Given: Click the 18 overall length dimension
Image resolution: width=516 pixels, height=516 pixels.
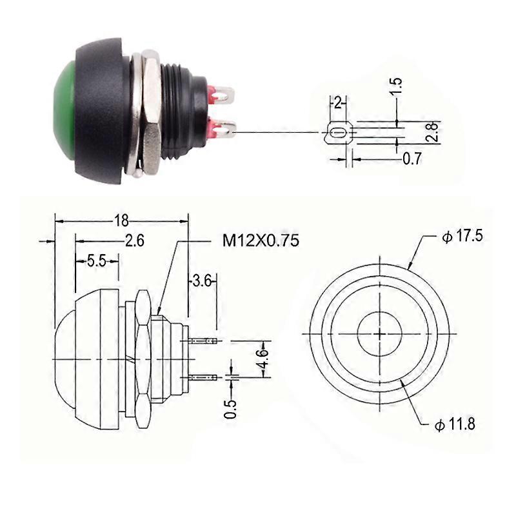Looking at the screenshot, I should [x=121, y=220].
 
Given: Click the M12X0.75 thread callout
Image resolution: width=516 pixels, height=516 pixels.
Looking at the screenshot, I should [x=261, y=241].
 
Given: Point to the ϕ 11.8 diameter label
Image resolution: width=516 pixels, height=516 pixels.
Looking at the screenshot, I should [x=455, y=425].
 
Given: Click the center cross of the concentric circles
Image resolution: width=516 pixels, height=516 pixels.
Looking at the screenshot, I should [x=380, y=334].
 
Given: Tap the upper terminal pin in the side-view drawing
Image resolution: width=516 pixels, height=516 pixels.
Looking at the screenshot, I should [x=204, y=340].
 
